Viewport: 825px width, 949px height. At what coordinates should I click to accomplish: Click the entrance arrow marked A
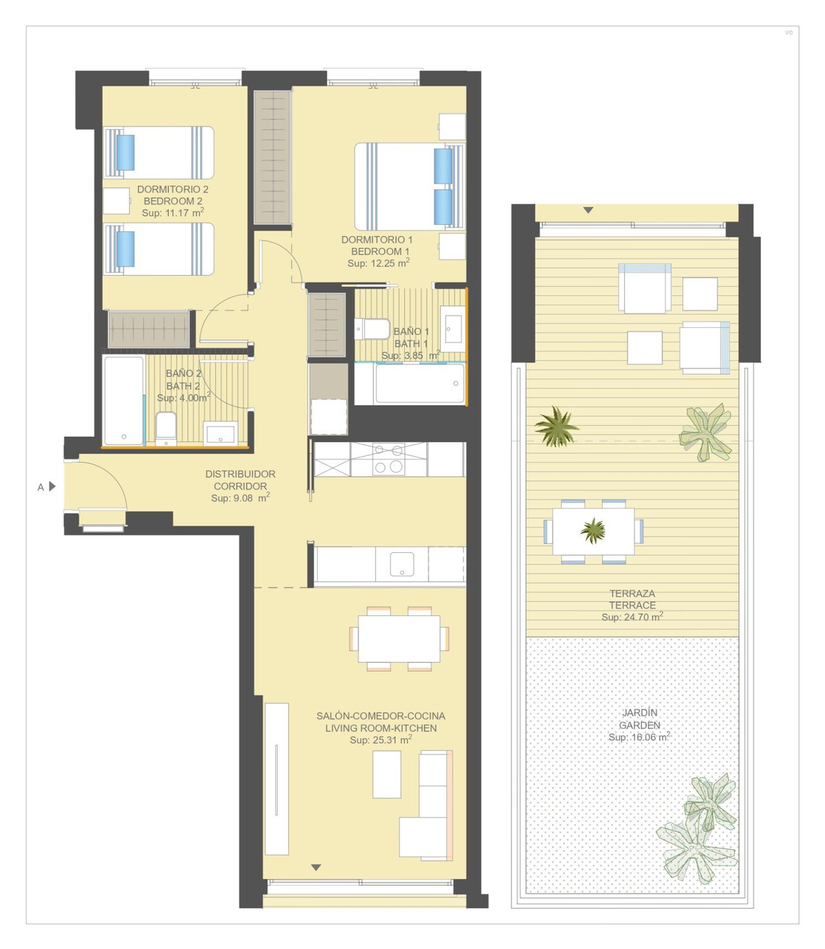(x=52, y=487)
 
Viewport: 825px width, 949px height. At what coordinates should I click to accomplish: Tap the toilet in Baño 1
(x=372, y=329)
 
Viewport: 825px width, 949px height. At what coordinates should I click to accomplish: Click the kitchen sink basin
(x=401, y=564)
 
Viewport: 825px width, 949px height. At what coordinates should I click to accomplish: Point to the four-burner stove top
(x=388, y=459)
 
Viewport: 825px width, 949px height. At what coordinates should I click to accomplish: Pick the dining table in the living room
(x=399, y=638)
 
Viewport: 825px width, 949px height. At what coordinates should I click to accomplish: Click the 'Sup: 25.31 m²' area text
(x=380, y=740)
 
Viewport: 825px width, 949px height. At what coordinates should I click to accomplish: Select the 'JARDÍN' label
(x=639, y=712)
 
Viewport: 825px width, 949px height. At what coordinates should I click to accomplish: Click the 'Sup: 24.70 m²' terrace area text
(x=632, y=617)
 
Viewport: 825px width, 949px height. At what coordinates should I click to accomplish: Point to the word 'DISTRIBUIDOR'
(x=240, y=474)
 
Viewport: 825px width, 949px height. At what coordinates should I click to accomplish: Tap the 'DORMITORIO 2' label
(x=173, y=189)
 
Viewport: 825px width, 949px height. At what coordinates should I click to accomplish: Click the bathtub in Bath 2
(x=124, y=400)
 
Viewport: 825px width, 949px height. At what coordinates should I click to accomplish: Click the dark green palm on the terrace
(x=556, y=427)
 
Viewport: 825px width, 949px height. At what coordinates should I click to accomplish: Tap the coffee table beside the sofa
(x=387, y=774)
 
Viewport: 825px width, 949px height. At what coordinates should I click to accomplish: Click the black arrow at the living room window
(x=316, y=867)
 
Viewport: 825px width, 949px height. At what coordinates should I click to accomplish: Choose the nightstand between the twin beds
(x=116, y=201)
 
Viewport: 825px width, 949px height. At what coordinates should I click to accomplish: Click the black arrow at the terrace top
(x=588, y=210)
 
